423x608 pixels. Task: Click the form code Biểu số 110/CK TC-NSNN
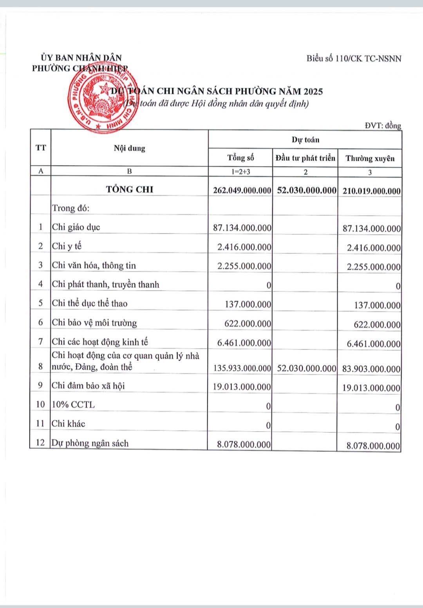point(354,59)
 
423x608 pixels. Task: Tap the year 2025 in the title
point(312,92)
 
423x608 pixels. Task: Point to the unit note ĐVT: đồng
point(383,126)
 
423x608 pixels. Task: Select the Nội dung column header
point(129,148)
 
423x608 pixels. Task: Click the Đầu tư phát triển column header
point(305,158)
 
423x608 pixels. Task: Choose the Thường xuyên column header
point(370,158)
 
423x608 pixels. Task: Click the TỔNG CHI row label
point(130,189)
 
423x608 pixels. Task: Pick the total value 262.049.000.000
point(242,191)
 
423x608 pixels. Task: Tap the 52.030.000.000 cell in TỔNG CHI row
point(307,191)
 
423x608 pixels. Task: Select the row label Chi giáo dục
point(76,227)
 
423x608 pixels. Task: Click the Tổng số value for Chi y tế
point(244,247)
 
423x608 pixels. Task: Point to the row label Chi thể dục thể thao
point(90,304)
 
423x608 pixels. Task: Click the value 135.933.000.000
point(242,368)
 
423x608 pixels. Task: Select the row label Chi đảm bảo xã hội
point(88,386)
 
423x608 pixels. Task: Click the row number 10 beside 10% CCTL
point(40,405)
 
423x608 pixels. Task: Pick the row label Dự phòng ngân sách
point(90,443)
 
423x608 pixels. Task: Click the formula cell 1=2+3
point(240,171)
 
